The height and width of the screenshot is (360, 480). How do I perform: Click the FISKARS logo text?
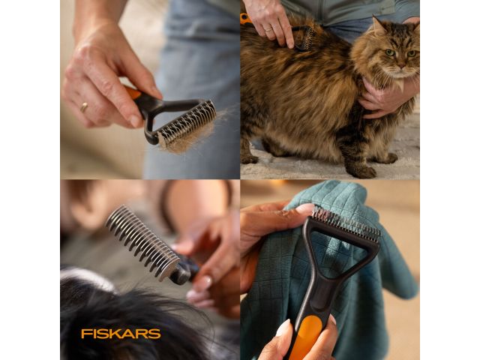tap(121, 333)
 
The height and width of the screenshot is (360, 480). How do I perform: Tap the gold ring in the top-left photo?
tap(84, 106)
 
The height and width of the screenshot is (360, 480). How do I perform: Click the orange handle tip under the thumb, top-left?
tap(132, 94)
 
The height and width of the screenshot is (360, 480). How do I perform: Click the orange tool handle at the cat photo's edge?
tap(245, 19)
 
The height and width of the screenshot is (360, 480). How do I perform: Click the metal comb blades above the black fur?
tap(142, 241)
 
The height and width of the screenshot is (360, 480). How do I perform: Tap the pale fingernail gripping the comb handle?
tap(202, 283)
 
